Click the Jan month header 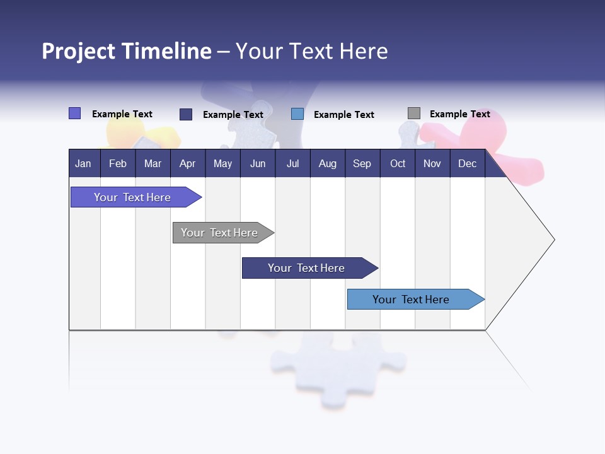(83, 163)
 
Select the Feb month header (118, 163)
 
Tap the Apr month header (187, 163)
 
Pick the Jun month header (258, 163)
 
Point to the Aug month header (327, 163)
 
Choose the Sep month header (362, 163)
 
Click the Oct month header (398, 163)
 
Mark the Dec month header (467, 163)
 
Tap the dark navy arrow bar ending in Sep (307, 268)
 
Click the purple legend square (74, 113)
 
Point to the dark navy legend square (186, 114)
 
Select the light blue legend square (297, 114)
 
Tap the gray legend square (414, 113)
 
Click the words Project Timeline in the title (127, 51)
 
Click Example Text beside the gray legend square (459, 114)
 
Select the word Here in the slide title (364, 51)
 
